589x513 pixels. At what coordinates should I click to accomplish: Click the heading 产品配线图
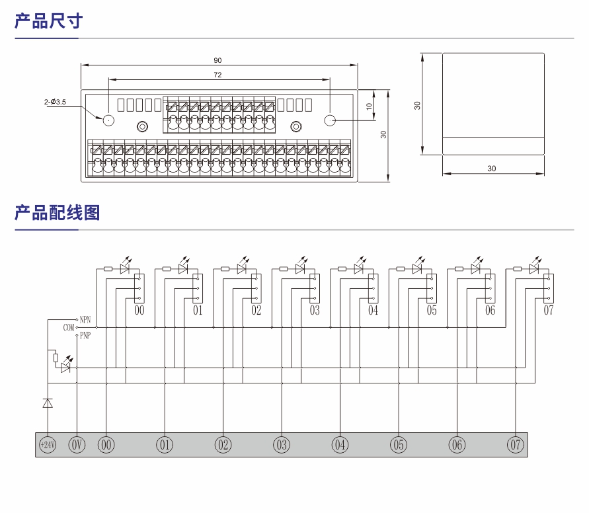[x=57, y=212]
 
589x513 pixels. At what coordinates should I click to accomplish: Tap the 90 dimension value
[x=217, y=60]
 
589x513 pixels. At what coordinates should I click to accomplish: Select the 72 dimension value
[x=217, y=75]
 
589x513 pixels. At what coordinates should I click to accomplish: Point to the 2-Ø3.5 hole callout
[x=55, y=102]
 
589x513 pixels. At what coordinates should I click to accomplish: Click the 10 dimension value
[x=370, y=105]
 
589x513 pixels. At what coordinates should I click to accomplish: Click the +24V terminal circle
[x=48, y=445]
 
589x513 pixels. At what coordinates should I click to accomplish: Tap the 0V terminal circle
[x=77, y=445]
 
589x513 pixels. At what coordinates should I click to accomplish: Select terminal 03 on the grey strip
[x=282, y=445]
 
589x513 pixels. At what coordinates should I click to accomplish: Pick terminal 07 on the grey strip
[x=515, y=445]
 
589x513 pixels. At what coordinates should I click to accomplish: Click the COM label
[x=69, y=327]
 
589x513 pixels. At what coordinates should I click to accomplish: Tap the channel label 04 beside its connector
[x=373, y=311]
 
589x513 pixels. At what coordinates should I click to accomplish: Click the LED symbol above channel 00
[x=125, y=268]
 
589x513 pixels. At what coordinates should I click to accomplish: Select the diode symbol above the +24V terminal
[x=48, y=403]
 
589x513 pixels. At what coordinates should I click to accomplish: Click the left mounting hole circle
[x=108, y=120]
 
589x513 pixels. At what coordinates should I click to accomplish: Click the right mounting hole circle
[x=330, y=120]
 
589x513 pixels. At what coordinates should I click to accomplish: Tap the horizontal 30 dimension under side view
[x=491, y=169]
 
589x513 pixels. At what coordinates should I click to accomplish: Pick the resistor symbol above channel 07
[x=517, y=269]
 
